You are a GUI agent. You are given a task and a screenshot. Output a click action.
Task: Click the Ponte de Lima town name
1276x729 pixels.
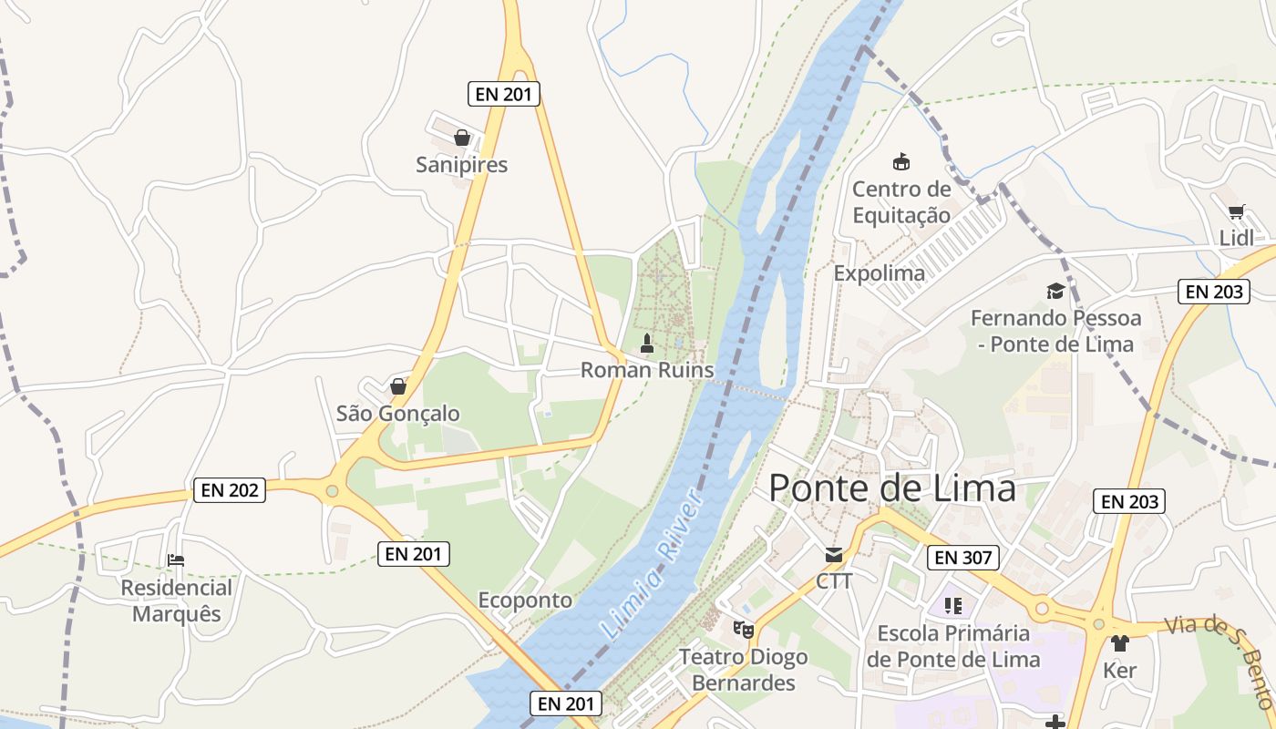click(891, 488)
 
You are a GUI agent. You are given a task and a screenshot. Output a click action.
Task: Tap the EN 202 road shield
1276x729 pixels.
click(230, 490)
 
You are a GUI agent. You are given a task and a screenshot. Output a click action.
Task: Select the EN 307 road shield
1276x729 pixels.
click(963, 558)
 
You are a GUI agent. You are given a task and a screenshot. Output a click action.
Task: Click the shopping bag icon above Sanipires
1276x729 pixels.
click(462, 138)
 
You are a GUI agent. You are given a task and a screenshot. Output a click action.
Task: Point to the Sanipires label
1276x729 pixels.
click(461, 165)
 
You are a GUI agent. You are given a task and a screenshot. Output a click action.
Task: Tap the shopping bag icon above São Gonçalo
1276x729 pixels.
click(398, 386)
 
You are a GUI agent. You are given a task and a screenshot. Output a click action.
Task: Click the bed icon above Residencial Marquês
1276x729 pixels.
click(176, 560)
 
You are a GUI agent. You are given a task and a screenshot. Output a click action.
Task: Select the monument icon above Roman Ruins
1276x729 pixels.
click(647, 344)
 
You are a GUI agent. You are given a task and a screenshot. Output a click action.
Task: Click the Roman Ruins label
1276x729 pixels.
click(647, 370)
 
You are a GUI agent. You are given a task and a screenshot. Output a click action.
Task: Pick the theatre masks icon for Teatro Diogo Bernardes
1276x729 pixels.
click(744, 629)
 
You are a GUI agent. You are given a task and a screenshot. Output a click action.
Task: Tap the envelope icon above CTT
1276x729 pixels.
click(834, 555)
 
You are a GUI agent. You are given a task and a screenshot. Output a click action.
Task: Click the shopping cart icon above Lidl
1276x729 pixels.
click(1236, 212)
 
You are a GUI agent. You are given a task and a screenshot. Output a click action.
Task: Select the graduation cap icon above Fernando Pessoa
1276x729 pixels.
click(1055, 291)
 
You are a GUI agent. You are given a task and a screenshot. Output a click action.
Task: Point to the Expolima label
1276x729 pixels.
click(879, 273)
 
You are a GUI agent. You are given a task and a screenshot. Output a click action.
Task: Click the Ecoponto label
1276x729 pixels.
click(525, 601)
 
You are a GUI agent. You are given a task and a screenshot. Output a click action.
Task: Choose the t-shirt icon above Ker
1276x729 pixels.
click(1119, 643)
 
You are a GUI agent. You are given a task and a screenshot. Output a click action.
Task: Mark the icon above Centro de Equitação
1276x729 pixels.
click(900, 162)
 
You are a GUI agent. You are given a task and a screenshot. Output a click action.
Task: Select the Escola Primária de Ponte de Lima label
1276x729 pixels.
click(953, 646)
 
